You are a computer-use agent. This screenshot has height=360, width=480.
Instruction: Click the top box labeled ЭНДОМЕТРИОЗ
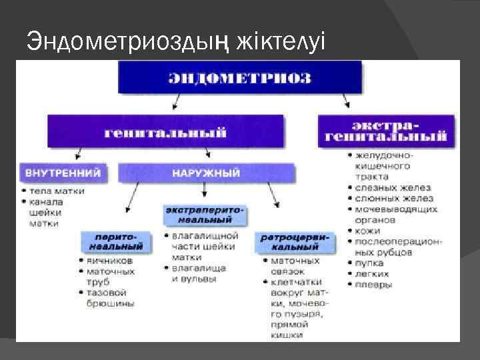[x=239, y=77]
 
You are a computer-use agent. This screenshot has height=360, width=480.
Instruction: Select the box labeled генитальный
[x=165, y=131]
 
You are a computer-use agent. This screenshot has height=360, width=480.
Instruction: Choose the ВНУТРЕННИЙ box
[x=63, y=173]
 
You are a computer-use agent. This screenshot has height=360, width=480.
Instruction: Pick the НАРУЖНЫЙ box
[x=206, y=173]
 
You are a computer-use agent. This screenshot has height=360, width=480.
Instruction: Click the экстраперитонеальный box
[x=205, y=214]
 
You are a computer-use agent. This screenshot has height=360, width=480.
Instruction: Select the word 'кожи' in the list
[x=368, y=231]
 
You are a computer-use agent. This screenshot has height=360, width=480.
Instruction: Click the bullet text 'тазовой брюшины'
[x=110, y=298]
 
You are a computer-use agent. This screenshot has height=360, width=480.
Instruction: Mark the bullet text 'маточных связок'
[x=295, y=267]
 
